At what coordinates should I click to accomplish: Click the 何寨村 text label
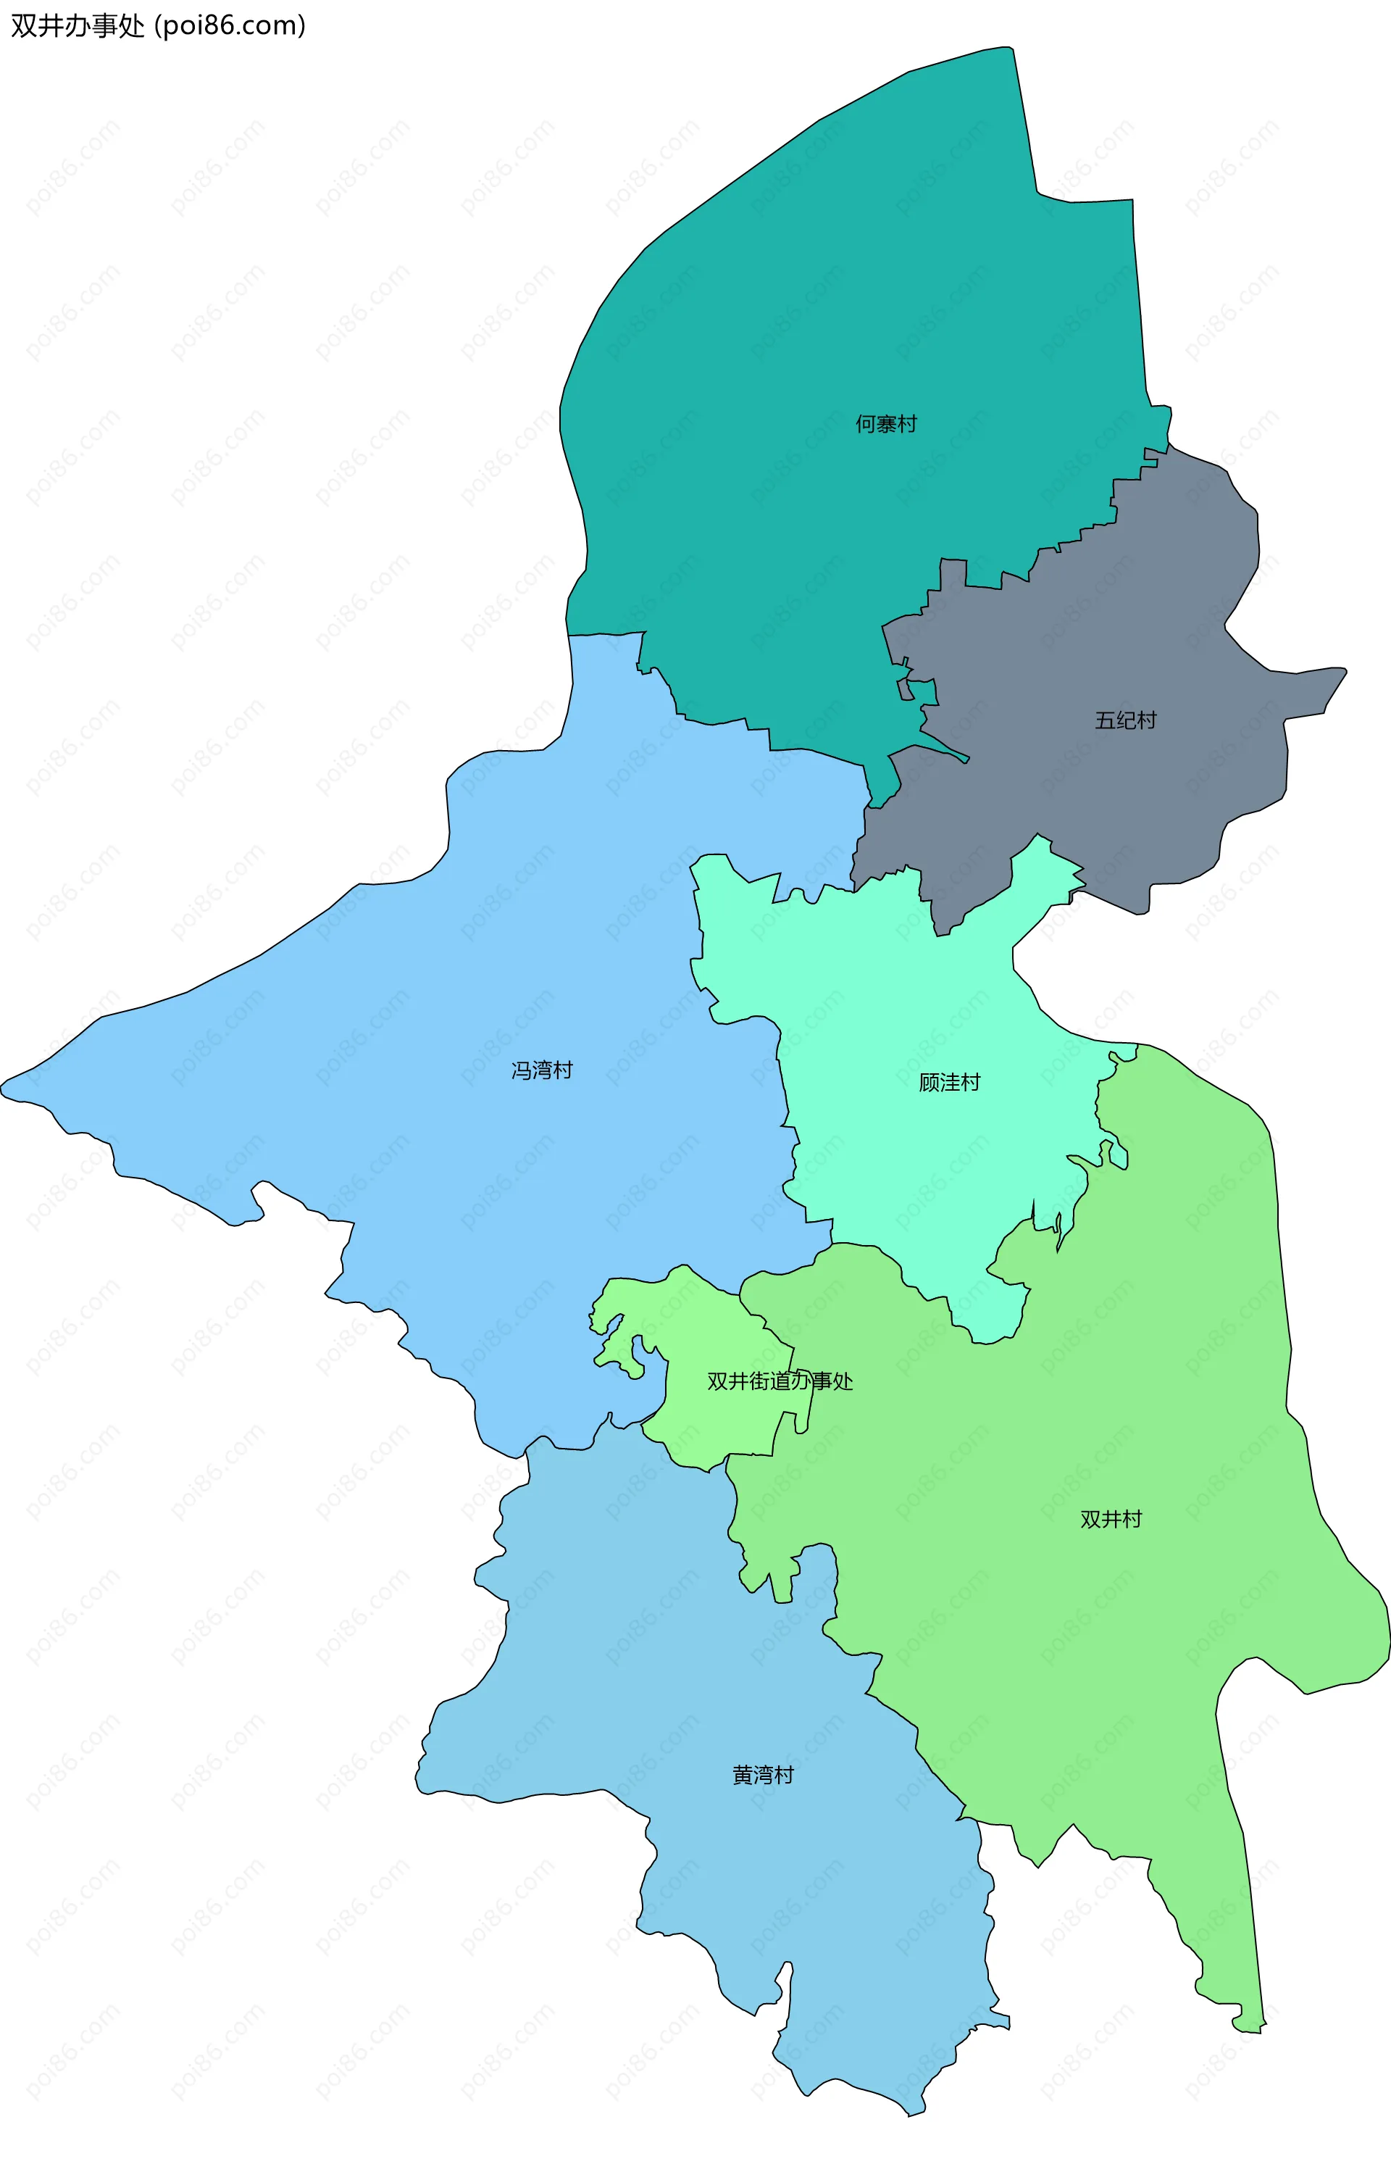[x=885, y=424]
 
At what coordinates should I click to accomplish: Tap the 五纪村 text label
[x=1124, y=720]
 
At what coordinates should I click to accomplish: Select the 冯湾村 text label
[x=542, y=1070]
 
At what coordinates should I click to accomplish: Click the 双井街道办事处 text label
[x=780, y=1381]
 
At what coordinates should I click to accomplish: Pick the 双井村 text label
[x=1111, y=1519]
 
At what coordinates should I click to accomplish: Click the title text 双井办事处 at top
[x=78, y=26]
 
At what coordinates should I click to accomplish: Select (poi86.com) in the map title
[x=230, y=26]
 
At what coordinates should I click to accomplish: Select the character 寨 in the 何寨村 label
[x=885, y=424]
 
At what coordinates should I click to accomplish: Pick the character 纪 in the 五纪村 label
[x=1124, y=720]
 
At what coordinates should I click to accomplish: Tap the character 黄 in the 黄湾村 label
[x=743, y=1776]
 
